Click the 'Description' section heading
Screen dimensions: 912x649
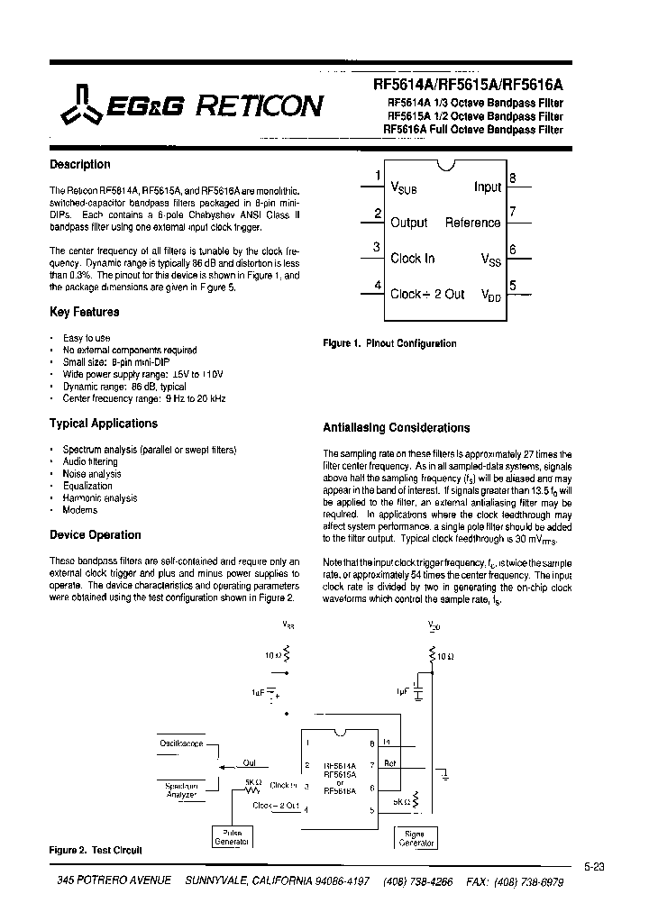coord(79,165)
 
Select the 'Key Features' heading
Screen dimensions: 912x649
coord(84,312)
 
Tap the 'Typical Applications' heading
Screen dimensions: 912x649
coord(103,424)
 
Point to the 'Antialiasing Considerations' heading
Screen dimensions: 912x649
coord(396,428)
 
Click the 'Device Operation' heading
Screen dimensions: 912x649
coord(95,535)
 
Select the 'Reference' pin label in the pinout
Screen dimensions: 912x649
coord(472,223)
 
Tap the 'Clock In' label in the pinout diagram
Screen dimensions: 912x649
coord(412,259)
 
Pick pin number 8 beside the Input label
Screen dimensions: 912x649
coord(512,178)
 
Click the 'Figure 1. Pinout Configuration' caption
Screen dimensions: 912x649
coord(389,343)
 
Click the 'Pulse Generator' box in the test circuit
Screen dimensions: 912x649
coord(230,837)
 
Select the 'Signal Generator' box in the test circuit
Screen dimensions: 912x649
coord(416,839)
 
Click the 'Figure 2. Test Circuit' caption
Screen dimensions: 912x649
coord(95,850)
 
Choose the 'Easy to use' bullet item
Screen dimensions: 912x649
coord(87,337)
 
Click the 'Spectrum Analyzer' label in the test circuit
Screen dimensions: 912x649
coord(181,789)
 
